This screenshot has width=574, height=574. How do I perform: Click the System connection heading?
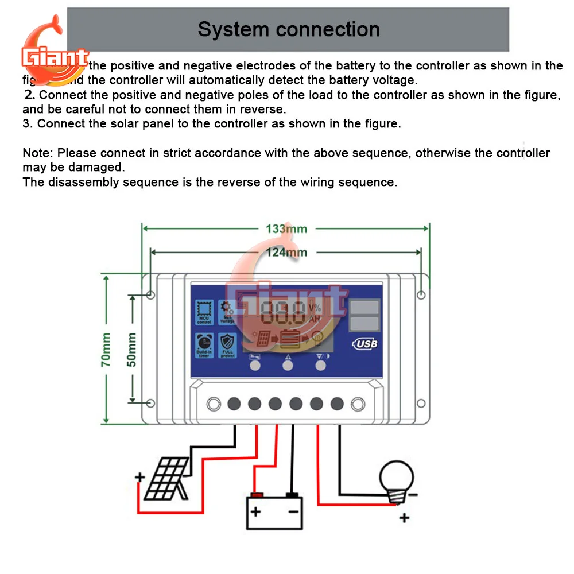pos(288,29)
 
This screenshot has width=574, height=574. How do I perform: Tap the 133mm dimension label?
pos(286,228)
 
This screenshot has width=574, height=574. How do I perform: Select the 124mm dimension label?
pos(286,252)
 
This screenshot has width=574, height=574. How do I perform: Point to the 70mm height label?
pos(107,350)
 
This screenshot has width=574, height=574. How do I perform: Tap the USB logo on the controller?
pos(364,344)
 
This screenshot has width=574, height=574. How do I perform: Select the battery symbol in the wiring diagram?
pos(274,511)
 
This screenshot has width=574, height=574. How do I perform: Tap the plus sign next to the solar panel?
pos(139,477)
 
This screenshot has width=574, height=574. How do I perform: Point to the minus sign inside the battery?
pos(293,511)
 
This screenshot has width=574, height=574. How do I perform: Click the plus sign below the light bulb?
pos(404,518)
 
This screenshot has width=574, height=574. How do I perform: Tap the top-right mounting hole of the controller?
pos(421,294)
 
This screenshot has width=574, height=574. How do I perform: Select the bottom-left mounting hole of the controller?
pos(150,403)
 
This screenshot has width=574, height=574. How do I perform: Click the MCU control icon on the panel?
pos(204,312)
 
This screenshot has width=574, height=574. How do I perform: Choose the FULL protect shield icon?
pos(228,346)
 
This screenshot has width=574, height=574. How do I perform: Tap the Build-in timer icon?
pos(204,346)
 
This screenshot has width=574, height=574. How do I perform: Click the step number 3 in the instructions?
pos(26,123)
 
